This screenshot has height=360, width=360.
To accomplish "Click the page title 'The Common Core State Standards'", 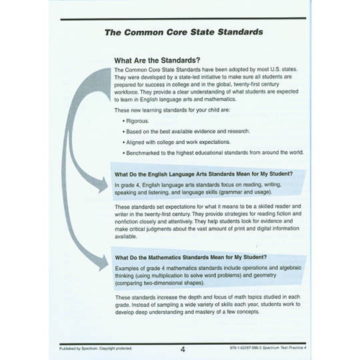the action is click(x=183, y=32).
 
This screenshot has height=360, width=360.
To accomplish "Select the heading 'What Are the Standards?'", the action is click(x=157, y=59).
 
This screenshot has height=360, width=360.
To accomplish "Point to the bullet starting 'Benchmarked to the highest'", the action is click(x=213, y=152).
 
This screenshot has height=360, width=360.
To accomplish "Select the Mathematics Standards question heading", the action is click(x=191, y=257).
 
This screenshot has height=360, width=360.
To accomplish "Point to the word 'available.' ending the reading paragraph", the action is click(x=127, y=236).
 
